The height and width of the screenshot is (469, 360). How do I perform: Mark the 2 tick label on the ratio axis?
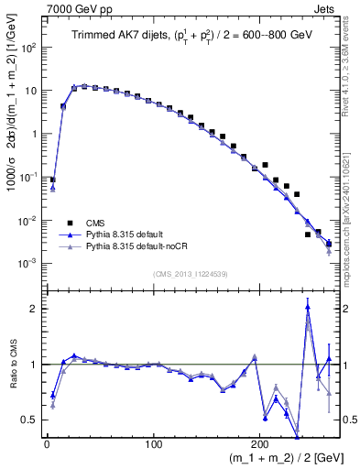point(35,309)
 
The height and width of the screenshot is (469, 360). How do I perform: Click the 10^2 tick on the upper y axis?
point(29,48)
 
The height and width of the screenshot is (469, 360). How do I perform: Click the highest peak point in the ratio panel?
point(307,308)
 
